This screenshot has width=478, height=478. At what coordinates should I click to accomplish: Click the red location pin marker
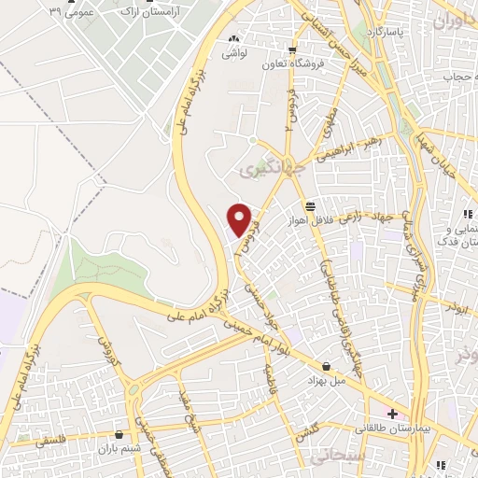click(x=241, y=218)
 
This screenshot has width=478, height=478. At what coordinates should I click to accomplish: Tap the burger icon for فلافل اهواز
click(x=310, y=206)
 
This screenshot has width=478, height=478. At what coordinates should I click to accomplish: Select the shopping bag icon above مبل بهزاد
click(x=327, y=366)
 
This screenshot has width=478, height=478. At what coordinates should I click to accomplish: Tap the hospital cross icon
click(x=393, y=413)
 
